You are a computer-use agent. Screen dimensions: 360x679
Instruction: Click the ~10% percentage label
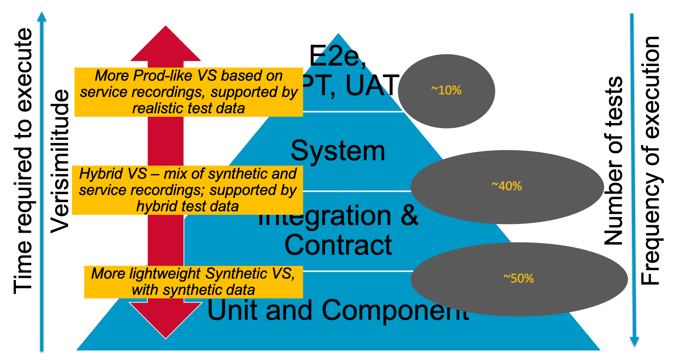click(446, 90)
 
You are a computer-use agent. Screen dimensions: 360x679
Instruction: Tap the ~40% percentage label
click(506, 186)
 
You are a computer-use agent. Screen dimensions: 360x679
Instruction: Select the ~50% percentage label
click(518, 278)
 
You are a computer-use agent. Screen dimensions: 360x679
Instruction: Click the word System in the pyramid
click(338, 151)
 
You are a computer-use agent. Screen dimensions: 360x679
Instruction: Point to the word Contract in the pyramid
click(338, 245)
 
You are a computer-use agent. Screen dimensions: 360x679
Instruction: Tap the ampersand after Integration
click(409, 216)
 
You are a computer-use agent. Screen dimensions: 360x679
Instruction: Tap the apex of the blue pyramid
click(338, 34)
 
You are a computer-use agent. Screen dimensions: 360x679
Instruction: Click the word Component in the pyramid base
click(395, 310)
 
